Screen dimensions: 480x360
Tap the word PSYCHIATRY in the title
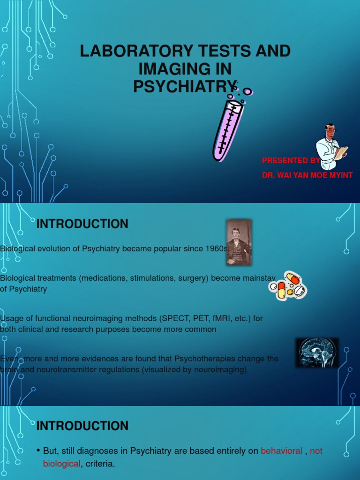184,86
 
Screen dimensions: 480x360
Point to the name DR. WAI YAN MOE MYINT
307,175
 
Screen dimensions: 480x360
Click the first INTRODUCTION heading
82,224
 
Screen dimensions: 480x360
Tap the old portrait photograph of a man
239,242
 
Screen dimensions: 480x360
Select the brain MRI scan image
317,352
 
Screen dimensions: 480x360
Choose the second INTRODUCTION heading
82,426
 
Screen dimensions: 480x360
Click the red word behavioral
281,451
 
